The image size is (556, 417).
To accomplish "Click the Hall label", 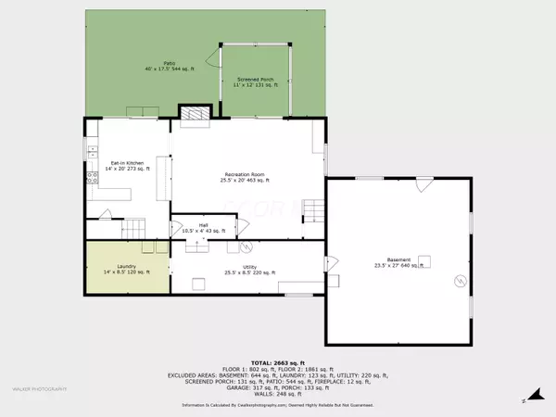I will [202, 226].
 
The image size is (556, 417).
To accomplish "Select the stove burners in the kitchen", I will [92, 175].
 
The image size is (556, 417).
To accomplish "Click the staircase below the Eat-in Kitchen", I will [135, 226].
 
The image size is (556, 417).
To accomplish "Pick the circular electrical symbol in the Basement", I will [456, 279].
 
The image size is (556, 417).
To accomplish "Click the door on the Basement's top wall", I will [423, 184].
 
